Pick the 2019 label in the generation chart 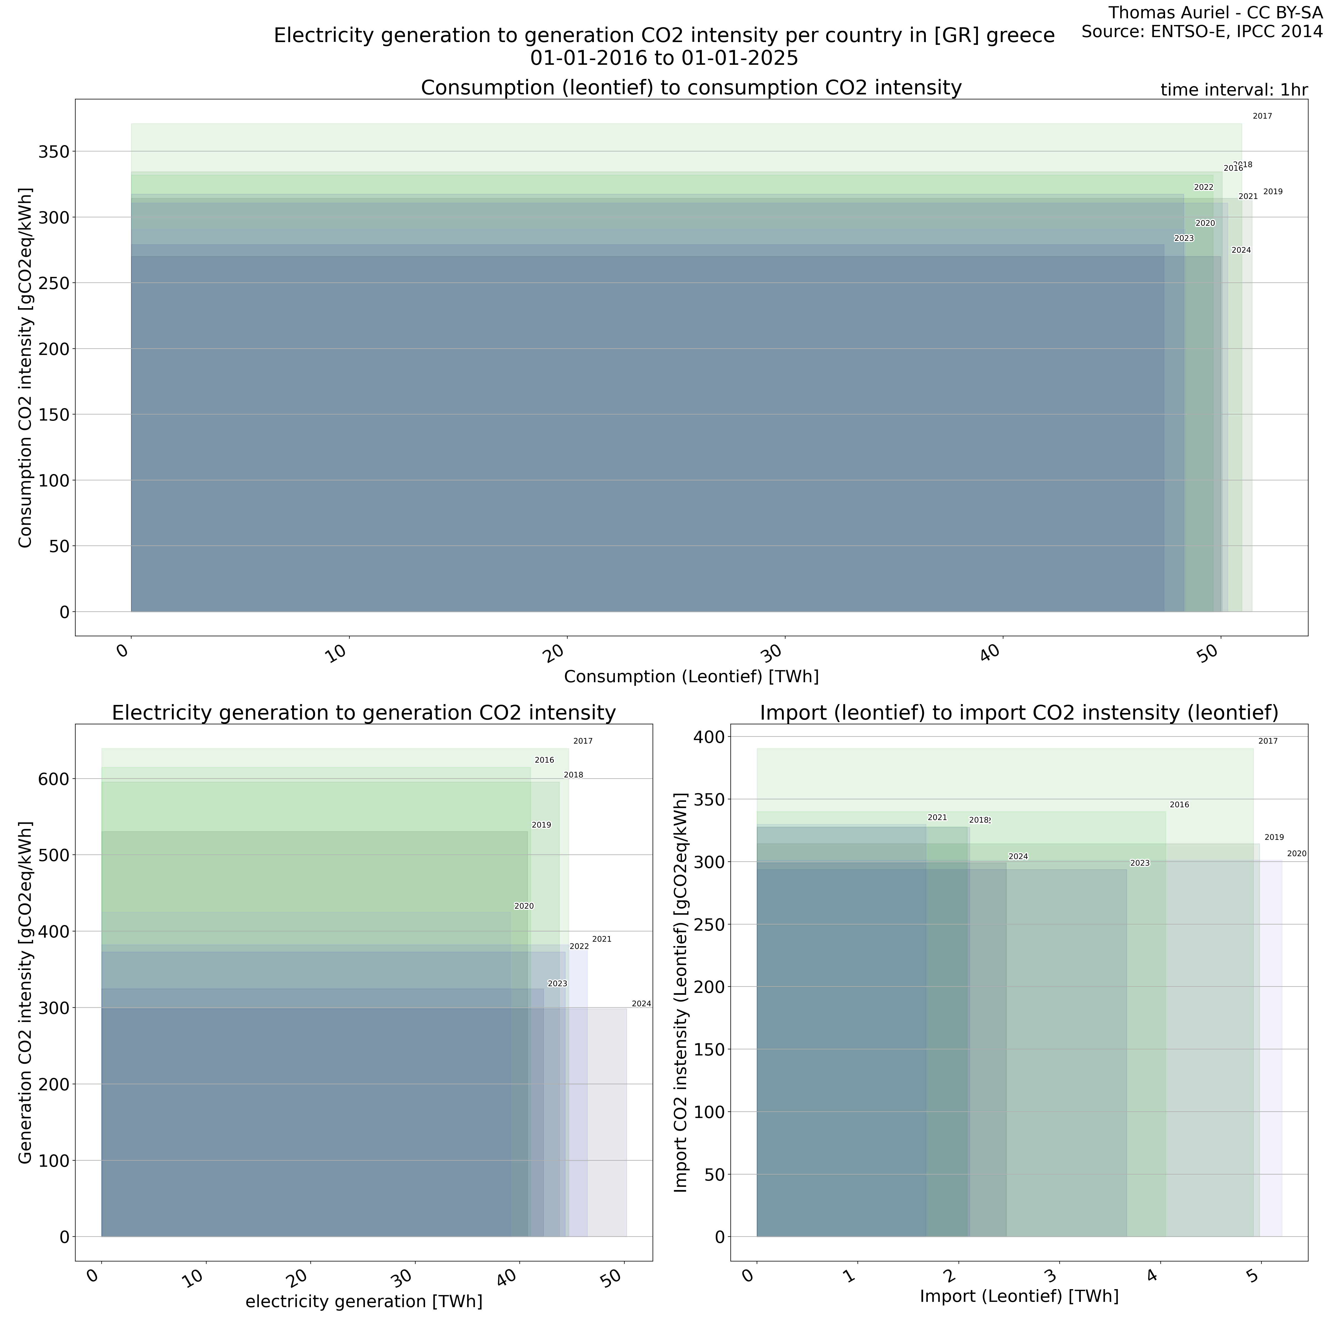point(541,825)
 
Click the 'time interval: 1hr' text point(1233,90)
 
